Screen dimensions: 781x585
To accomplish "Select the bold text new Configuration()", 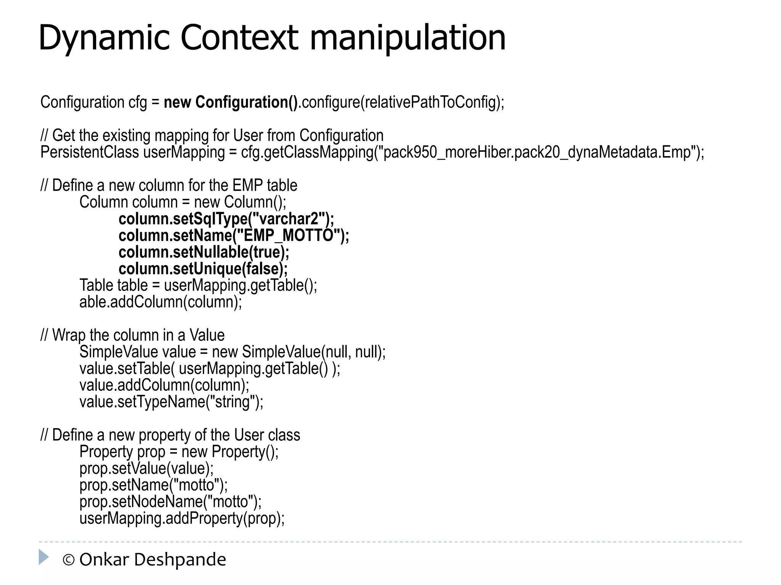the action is pos(230,102).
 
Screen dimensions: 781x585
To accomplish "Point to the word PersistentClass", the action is pos(90,152).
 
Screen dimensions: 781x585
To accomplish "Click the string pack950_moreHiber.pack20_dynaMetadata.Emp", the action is pos(537,152).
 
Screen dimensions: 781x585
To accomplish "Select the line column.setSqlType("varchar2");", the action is pos(226,219).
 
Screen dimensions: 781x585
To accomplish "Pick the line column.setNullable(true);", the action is pos(204,252).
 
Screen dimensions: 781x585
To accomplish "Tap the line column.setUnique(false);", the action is pos(203,269).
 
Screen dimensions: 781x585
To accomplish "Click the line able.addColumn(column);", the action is pos(161,302).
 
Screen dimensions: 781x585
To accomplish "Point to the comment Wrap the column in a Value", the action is pos(138,335).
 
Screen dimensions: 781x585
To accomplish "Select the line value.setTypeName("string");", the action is pos(171,402).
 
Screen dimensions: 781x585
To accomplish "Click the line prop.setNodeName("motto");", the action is pos(170,502).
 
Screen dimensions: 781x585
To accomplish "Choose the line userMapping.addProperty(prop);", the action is pos(182,518).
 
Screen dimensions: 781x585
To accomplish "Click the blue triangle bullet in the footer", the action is pos(43,557).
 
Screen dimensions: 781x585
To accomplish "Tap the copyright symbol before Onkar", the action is pos(68,560).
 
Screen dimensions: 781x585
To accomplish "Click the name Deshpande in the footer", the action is pos(180,560).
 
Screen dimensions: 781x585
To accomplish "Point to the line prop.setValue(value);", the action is pos(146,468).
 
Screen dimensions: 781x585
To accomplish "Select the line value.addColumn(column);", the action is pos(164,385).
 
